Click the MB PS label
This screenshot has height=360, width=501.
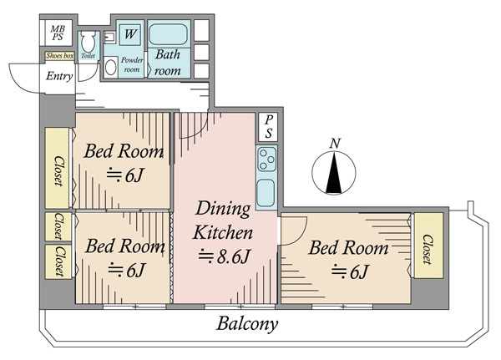58,33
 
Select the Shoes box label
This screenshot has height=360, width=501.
60,56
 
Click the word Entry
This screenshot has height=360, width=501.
59,76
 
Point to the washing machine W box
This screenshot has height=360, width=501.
130,33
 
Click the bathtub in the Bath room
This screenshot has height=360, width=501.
169,34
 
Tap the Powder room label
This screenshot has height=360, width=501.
132,65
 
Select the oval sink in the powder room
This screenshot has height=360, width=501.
110,67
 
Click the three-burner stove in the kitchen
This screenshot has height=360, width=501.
266,160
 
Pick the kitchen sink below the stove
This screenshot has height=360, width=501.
266,193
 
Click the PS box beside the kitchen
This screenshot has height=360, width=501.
268,127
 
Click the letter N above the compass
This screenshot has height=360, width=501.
335,144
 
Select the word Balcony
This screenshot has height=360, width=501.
247,324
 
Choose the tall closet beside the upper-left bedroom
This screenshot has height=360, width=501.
57,168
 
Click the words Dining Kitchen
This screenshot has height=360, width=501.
223,221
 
